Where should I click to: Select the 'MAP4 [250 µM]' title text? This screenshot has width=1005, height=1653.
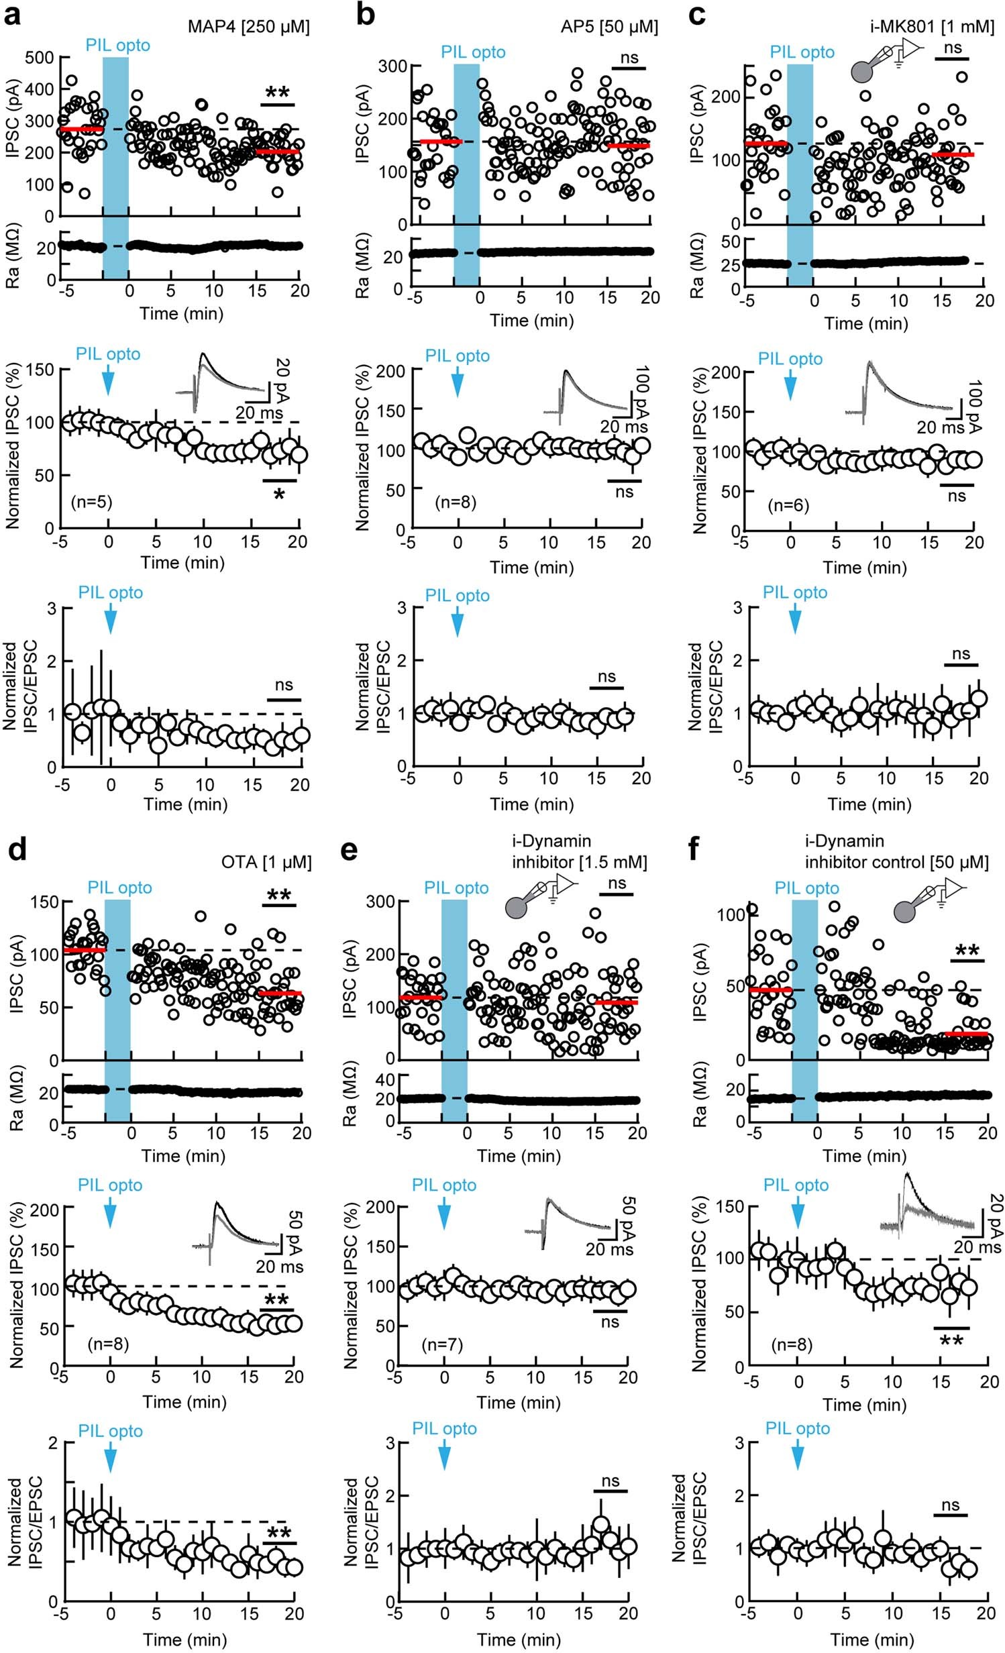[248, 27]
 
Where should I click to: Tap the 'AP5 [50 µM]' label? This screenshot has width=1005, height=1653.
[609, 27]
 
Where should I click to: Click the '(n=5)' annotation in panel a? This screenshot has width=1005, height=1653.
[91, 502]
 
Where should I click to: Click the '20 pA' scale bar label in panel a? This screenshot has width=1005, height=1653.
[282, 379]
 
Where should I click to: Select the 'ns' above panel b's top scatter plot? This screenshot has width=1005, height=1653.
[629, 58]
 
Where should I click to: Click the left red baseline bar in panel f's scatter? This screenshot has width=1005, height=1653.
[770, 990]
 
